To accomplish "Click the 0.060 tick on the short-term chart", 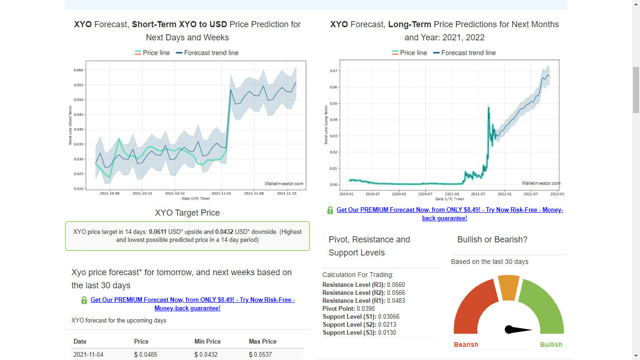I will (x=78, y=70).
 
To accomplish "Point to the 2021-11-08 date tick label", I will (x=254, y=193).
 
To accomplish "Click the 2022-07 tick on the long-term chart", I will (x=531, y=194).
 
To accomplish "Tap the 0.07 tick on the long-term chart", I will (x=333, y=71).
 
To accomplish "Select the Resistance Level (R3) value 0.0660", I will (x=396, y=285).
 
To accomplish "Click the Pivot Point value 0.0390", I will (x=365, y=309).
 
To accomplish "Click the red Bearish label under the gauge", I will (x=466, y=345).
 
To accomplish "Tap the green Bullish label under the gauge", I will (x=551, y=345).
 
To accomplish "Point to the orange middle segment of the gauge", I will (x=508, y=287).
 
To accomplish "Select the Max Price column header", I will (x=262, y=342).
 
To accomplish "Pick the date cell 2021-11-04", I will (x=89, y=355).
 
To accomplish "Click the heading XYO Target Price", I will (x=187, y=213).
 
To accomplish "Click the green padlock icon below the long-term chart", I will (x=330, y=210).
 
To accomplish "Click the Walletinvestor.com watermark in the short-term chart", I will (x=284, y=184).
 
